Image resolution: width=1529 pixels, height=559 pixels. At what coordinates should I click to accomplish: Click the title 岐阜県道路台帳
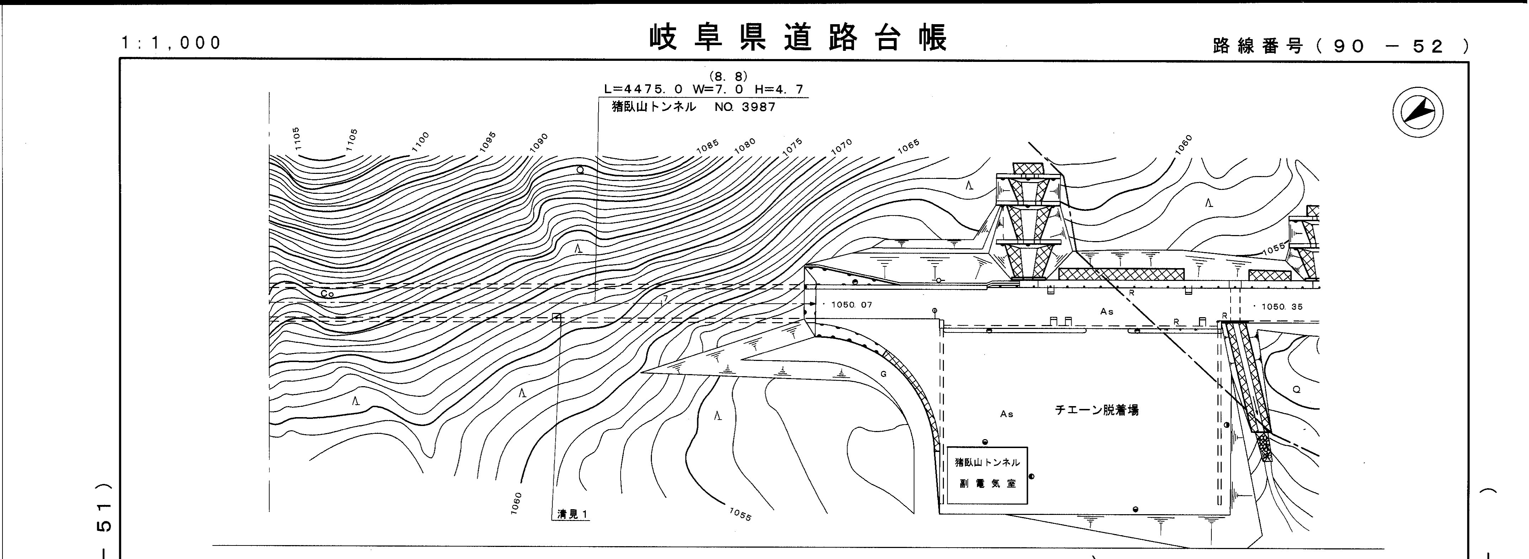pos(798,38)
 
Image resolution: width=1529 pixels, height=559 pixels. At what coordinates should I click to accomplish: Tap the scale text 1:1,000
pos(171,43)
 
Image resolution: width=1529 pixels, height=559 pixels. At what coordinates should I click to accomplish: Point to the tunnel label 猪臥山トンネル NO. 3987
pos(693,107)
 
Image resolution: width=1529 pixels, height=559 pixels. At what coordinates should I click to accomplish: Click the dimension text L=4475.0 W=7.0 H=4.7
pos(704,90)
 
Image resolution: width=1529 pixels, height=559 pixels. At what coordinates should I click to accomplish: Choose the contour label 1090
pos(539,143)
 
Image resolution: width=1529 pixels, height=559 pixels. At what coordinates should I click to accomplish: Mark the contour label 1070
pos(841,146)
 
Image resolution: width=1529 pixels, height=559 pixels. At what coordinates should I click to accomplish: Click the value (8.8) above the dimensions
pos(728,76)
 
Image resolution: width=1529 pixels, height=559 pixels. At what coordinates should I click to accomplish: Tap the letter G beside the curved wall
pos(883,374)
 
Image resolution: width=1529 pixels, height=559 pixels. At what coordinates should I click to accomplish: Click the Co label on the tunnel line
pos(327,294)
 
